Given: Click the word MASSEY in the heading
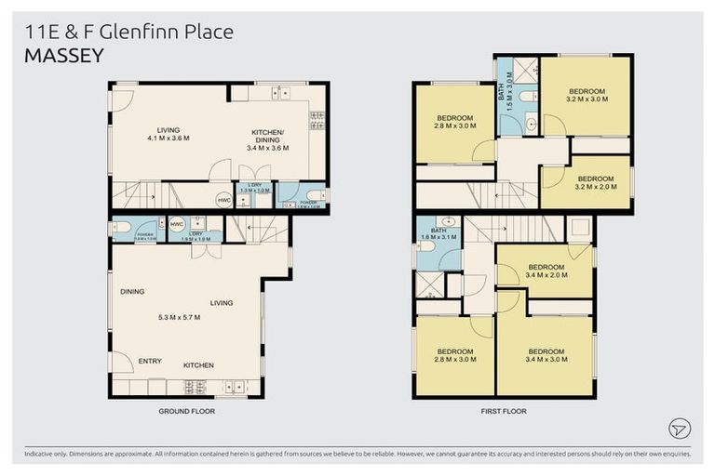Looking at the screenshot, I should click(x=63, y=55).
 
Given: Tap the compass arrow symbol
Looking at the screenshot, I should click(x=680, y=428).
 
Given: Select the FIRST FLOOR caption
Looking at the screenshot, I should click(x=504, y=410).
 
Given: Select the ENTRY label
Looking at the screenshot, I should click(x=150, y=361).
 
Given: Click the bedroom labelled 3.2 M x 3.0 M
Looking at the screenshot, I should click(x=587, y=95).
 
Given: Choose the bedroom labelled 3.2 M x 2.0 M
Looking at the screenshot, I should click(x=595, y=182).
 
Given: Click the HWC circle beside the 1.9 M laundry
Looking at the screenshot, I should click(x=177, y=224).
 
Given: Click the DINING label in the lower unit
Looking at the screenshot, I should click(x=132, y=292).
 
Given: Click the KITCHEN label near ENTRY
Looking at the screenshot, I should click(x=198, y=365).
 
